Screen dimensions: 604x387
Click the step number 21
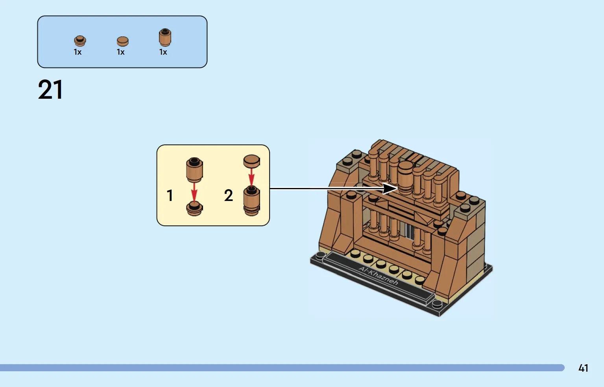tap(50, 90)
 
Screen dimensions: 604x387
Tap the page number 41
tap(583, 368)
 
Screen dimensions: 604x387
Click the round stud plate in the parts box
tap(80, 41)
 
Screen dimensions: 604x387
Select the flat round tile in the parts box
tap(123, 42)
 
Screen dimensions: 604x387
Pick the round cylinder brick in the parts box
tap(165, 37)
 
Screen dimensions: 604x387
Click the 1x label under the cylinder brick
tap(163, 52)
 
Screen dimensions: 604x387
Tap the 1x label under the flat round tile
tap(120, 52)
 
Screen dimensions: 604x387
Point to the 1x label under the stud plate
tap(78, 52)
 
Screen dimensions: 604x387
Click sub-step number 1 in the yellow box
tap(170, 195)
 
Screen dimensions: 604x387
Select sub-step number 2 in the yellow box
tap(228, 195)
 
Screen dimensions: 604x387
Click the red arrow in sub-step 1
tap(194, 192)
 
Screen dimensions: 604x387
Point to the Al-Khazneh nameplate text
tap(378, 276)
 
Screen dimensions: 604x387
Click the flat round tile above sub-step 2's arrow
tap(251, 161)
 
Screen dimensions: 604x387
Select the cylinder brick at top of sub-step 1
tap(194, 170)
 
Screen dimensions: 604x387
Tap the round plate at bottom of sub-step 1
tap(194, 208)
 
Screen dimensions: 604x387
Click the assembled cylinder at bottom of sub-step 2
tap(251, 201)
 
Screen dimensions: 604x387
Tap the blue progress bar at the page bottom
tap(282, 368)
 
